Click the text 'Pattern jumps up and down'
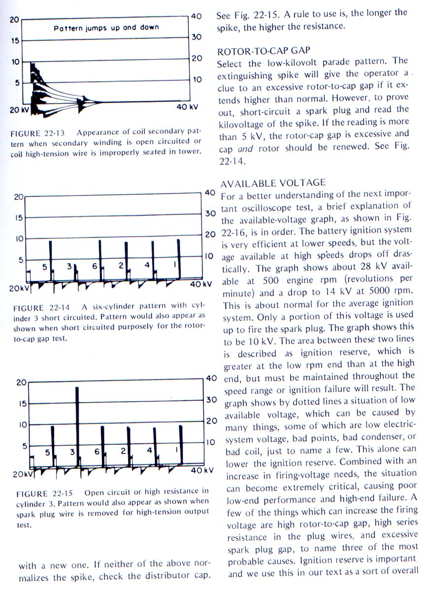(106, 28)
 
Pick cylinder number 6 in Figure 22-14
(94, 266)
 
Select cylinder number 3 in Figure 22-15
(72, 451)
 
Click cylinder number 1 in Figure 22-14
(175, 265)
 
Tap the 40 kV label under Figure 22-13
(188, 107)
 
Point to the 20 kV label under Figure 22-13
(19, 110)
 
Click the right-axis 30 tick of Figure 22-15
(211, 399)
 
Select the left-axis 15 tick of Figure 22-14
(19, 218)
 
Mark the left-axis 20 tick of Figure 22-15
(21, 383)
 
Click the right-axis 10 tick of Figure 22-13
(197, 79)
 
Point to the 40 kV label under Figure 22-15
(202, 470)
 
